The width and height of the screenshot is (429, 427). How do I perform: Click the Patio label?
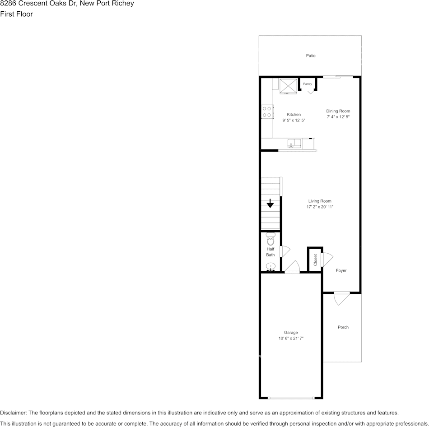[311, 56]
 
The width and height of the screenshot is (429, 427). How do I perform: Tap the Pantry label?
[308, 84]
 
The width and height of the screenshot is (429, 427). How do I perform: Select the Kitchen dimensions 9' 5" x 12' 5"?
[294, 121]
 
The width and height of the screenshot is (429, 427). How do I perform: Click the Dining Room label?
[338, 111]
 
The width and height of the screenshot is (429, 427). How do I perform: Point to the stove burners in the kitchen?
[267, 111]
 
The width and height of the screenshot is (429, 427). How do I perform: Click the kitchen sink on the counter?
[294, 144]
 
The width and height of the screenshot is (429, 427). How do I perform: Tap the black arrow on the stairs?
[270, 204]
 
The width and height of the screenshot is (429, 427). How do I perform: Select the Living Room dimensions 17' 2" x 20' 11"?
[320, 207]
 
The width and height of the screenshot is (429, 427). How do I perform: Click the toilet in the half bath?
[270, 239]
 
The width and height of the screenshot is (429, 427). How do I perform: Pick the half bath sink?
[270, 267]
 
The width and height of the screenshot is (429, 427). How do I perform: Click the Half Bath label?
[270, 252]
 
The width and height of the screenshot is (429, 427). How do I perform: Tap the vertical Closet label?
[315, 260]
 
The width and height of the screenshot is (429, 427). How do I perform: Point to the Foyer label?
[341, 270]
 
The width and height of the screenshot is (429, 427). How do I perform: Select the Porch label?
[343, 327]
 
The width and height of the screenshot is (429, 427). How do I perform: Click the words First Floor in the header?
[17, 14]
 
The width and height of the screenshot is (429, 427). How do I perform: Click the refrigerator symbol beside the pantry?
[288, 86]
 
